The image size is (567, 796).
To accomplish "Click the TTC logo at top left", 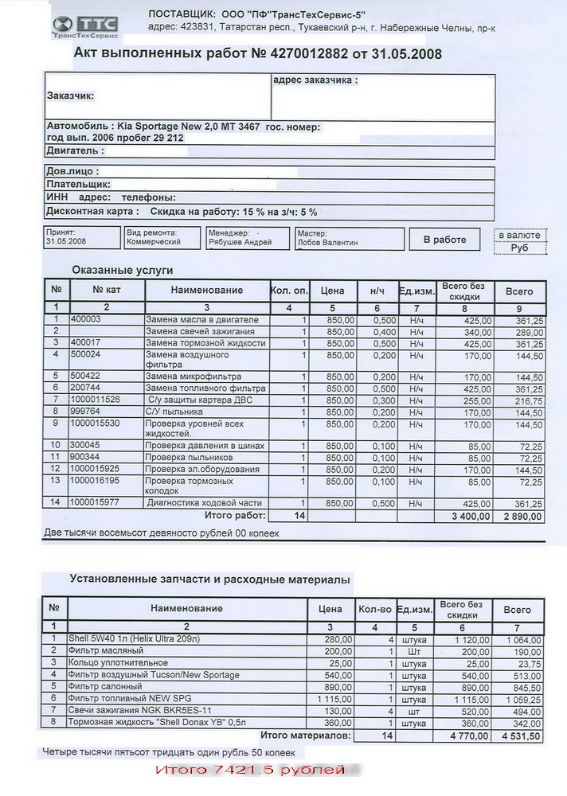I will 84,28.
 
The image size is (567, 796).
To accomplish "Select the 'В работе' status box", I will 444,240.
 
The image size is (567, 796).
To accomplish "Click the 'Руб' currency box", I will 519,248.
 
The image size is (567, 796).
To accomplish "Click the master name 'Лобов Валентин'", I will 327,242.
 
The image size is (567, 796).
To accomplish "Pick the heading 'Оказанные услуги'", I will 123,270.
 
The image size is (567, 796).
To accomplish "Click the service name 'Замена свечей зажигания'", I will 200,331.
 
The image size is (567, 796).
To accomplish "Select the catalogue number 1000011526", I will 96,400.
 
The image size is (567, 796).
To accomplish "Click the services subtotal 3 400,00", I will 472,517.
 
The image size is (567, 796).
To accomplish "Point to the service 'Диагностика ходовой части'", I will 204,503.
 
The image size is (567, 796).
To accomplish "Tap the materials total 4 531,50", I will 522,736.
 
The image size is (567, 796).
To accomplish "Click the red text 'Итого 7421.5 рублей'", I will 250,771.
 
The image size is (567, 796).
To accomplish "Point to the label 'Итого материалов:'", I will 306,736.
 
